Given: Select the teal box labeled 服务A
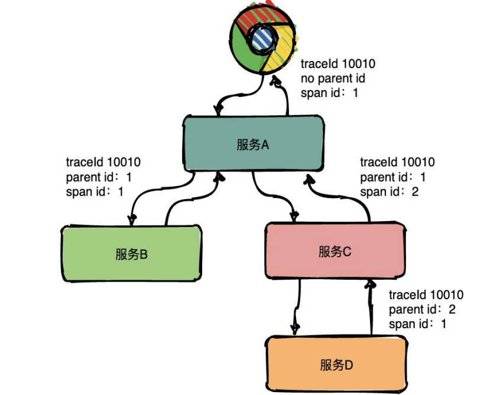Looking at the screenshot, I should click(x=253, y=144).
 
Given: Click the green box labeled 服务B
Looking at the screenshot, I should click(x=131, y=254).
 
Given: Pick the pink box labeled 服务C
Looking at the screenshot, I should click(x=335, y=251).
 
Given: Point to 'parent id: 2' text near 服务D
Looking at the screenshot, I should click(x=422, y=309).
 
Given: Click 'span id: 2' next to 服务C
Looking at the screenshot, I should click(x=389, y=191).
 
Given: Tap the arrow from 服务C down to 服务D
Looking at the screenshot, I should click(x=294, y=307).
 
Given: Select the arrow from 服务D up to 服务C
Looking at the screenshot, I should click(x=371, y=307).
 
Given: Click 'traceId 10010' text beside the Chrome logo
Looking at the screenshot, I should click(x=338, y=64).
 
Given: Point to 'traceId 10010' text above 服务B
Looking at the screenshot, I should click(x=103, y=162).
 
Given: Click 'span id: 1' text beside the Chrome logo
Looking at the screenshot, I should click(x=329, y=93).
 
